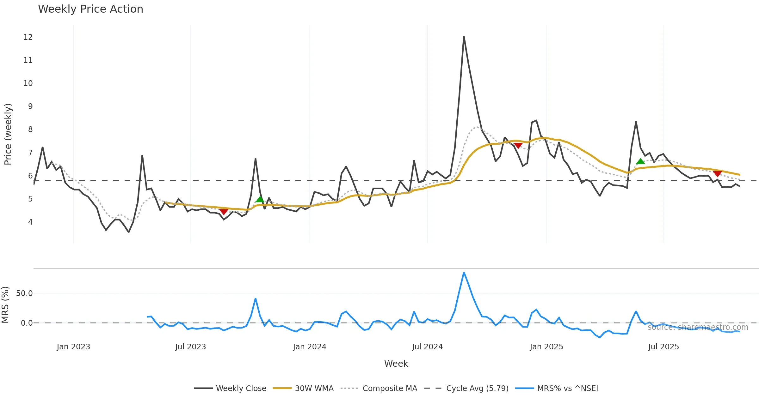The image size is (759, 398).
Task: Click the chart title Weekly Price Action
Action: pos(90,9)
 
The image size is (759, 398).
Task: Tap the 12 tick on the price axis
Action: pos(28,37)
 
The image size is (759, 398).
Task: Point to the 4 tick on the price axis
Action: pos(30,222)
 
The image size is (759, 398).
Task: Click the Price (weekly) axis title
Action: pos(8,134)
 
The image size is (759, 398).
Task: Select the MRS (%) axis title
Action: pos(5,305)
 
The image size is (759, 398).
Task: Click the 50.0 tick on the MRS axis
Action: pos(24,293)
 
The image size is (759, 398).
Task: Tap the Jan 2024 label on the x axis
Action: pos(309,347)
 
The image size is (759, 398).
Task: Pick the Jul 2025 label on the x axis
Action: pos(663,347)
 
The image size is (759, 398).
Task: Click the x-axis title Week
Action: pos(396,364)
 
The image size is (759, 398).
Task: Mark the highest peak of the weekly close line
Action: pos(464,37)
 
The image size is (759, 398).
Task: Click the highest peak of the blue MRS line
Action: pos(464,273)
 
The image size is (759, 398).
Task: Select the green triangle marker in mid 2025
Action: pos(640,162)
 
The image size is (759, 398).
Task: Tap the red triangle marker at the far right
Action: pos(717,174)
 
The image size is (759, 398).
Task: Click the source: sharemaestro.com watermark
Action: pos(698,327)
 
